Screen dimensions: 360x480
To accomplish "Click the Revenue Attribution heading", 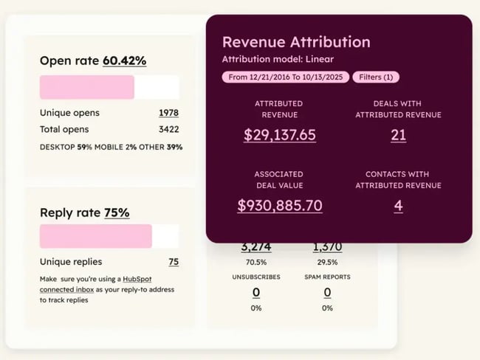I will (296, 42).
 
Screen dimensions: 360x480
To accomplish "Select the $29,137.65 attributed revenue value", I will (280, 135).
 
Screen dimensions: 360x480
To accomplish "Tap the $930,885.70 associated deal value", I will (280, 206).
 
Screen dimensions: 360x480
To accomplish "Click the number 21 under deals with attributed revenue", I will (398, 135).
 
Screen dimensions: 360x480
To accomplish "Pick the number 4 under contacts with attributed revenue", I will (398, 206).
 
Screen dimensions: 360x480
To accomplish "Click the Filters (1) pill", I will (376, 77).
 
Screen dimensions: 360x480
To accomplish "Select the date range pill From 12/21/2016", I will (285, 77).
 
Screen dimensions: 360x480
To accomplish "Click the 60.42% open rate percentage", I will (124, 60).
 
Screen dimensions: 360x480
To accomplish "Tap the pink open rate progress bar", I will (87, 87).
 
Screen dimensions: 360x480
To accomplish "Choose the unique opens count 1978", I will (168, 113).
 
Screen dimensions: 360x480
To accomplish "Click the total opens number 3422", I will (168, 129).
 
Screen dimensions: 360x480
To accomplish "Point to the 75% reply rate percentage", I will (117, 212).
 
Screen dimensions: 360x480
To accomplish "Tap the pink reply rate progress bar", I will (96, 236).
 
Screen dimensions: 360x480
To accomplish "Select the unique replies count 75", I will (174, 262).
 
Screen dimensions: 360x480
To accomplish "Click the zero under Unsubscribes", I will (256, 292).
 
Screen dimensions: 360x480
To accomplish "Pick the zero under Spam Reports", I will (327, 292).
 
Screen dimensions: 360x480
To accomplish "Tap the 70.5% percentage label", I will (256, 261).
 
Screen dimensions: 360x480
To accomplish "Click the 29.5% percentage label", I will (327, 261).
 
